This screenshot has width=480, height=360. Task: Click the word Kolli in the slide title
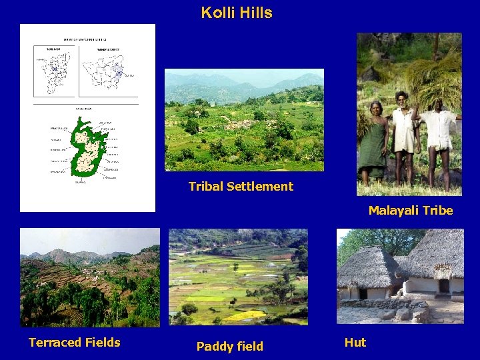[x=217, y=13]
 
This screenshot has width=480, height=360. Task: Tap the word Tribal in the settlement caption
[x=206, y=187]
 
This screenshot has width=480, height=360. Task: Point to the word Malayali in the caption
[x=393, y=211]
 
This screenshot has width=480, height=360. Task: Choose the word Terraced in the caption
[x=55, y=343]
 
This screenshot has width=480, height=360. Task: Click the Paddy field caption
[x=230, y=346]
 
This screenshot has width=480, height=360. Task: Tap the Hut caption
[x=355, y=343]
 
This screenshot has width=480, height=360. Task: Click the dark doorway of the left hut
[x=363, y=293]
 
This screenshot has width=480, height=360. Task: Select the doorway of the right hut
[x=443, y=286]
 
